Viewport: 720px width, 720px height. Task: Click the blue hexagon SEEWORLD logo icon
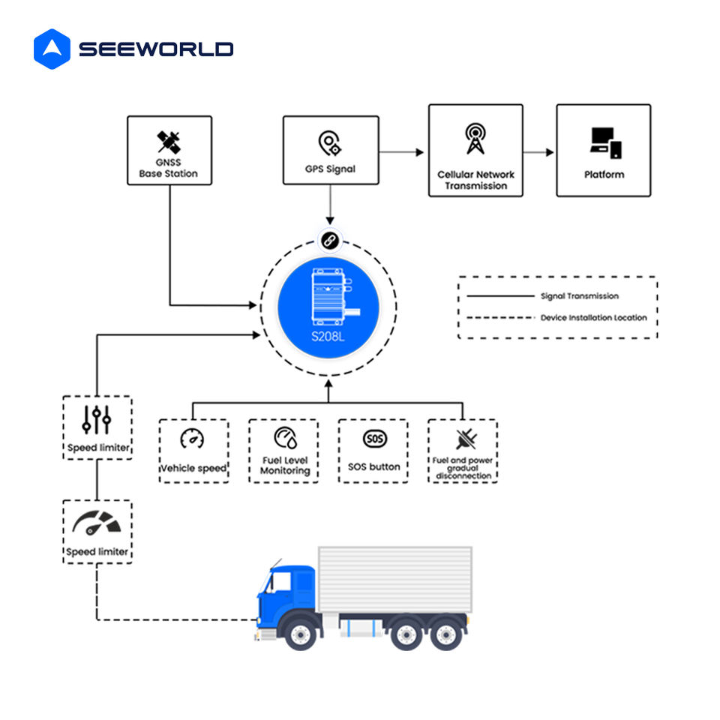pyautogui.click(x=52, y=49)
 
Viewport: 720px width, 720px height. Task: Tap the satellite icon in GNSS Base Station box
pyautogui.click(x=169, y=142)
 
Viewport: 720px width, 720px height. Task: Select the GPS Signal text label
pyautogui.click(x=330, y=169)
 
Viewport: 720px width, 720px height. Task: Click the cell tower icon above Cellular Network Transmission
pyautogui.click(x=475, y=138)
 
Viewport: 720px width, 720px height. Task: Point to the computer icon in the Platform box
pyautogui.click(x=606, y=143)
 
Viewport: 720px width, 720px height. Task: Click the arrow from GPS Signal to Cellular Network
pyautogui.click(x=400, y=152)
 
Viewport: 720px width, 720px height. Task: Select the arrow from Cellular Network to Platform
pyautogui.click(x=538, y=152)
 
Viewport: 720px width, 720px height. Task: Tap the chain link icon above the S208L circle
pyautogui.click(x=330, y=240)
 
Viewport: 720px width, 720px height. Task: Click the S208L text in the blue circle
pyautogui.click(x=328, y=337)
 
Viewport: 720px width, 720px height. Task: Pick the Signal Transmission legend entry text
pyautogui.click(x=580, y=296)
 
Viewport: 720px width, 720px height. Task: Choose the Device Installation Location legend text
pyautogui.click(x=594, y=318)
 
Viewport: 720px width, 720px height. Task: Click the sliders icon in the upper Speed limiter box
pyautogui.click(x=97, y=419)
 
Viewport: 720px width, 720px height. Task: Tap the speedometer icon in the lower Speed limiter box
pyautogui.click(x=97, y=523)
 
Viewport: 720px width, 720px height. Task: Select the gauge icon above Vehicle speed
pyautogui.click(x=193, y=439)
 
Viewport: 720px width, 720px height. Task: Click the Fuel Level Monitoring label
pyautogui.click(x=285, y=465)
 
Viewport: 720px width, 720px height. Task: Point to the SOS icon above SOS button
pyautogui.click(x=375, y=439)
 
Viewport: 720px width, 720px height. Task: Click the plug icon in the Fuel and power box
pyautogui.click(x=466, y=439)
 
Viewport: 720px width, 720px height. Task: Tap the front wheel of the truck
pyautogui.click(x=300, y=634)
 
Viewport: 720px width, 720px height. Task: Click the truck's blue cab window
pyautogui.click(x=279, y=582)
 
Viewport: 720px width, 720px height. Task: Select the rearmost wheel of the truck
pyautogui.click(x=445, y=634)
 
